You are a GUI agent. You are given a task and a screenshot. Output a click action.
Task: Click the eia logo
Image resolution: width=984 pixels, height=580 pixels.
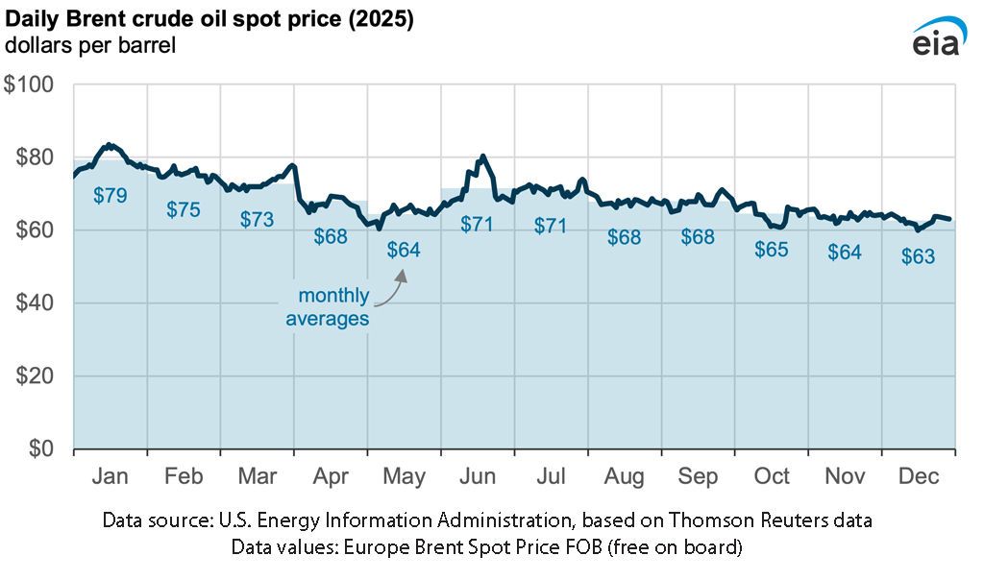[x=934, y=38]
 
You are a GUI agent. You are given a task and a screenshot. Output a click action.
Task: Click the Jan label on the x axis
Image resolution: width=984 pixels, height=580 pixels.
[x=110, y=477]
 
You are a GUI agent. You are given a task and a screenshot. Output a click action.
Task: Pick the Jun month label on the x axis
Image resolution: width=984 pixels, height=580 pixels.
[x=477, y=477]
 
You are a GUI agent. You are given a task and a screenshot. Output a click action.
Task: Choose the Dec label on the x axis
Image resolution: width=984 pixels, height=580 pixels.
[x=918, y=477]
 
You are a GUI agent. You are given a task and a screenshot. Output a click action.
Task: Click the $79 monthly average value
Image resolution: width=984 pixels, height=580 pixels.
[x=110, y=195]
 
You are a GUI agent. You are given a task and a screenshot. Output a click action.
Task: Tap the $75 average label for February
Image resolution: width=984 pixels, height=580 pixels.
[x=184, y=208]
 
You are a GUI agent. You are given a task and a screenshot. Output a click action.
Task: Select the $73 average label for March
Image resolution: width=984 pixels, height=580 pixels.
[x=257, y=219]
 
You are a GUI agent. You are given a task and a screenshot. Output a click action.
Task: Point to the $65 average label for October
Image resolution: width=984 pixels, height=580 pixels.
[x=771, y=250]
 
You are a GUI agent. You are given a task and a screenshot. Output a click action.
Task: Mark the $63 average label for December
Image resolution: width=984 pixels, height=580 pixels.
[x=918, y=256]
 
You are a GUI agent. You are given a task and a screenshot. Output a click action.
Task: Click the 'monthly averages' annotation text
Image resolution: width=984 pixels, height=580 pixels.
[x=328, y=307]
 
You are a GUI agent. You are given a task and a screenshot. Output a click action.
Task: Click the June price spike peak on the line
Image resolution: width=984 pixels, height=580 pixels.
[x=482, y=156]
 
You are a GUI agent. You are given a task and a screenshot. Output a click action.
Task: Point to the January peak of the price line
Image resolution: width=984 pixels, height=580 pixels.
[x=109, y=145]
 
